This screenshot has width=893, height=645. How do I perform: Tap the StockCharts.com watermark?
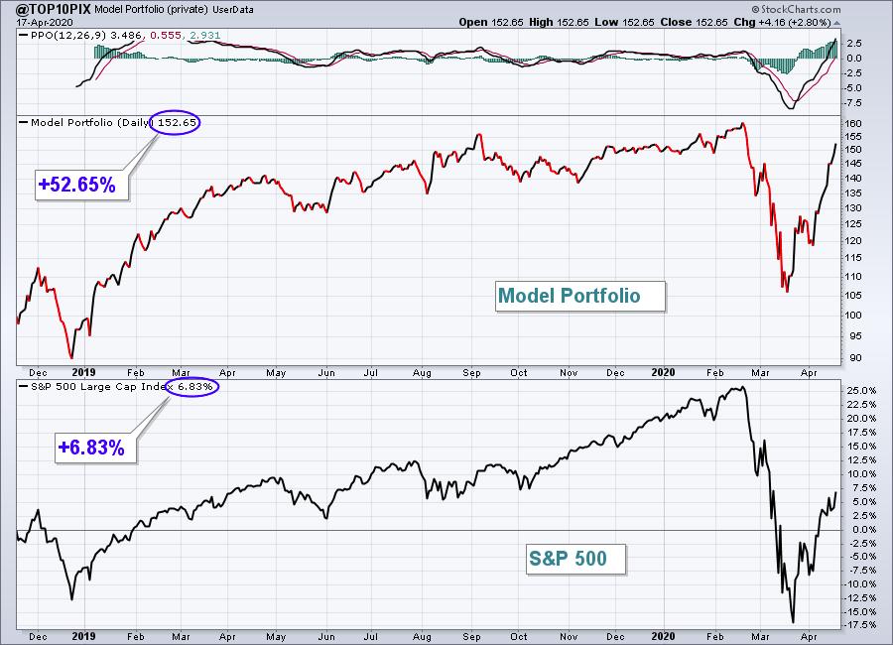tap(796, 9)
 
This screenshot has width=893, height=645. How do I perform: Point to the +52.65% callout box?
tap(81, 185)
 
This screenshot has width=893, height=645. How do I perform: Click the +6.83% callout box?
tap(95, 448)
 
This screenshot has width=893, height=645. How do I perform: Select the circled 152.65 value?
tap(177, 122)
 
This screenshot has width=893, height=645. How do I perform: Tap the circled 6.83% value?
tap(194, 387)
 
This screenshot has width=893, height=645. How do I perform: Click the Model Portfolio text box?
tap(579, 296)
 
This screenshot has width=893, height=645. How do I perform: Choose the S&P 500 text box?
tap(575, 559)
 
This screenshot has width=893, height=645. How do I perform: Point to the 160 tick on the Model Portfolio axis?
tap(853, 123)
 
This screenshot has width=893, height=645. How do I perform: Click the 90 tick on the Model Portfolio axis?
tap(856, 358)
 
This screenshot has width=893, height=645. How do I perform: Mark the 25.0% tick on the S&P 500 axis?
tap(861, 390)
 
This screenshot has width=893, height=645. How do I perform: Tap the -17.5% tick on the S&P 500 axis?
tap(860, 624)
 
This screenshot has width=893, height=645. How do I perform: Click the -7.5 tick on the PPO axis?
tap(853, 102)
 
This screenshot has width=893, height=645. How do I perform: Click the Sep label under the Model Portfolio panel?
tap(471, 373)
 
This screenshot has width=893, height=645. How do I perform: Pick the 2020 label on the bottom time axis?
tap(663, 636)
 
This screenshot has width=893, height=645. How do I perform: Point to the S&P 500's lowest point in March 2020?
tap(792, 622)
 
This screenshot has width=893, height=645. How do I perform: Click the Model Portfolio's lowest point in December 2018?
tap(71, 358)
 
